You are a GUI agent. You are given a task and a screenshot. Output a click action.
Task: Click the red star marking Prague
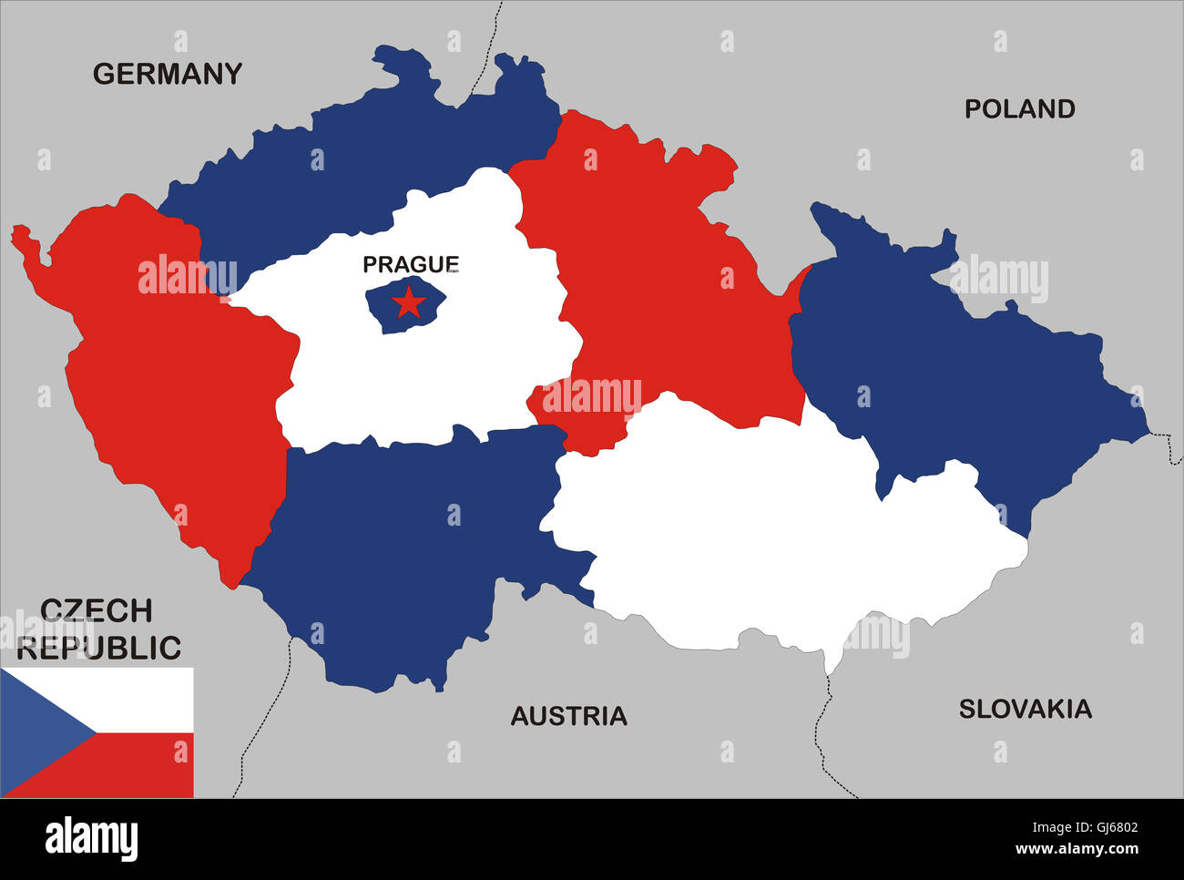click(x=409, y=302)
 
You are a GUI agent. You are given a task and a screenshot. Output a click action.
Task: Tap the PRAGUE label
click(x=411, y=264)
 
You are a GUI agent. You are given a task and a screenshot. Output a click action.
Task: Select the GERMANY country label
click(x=168, y=74)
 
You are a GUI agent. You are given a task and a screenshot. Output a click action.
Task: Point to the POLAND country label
click(x=1019, y=109)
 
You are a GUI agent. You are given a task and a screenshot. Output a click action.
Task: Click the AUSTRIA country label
click(x=568, y=716)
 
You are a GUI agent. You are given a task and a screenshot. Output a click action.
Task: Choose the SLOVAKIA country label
click(x=1025, y=709)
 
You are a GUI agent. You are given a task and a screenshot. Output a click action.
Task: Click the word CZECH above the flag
click(x=97, y=610)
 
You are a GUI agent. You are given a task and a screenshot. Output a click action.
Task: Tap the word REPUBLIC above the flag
click(x=100, y=648)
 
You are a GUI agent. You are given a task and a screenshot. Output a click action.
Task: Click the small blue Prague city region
click(x=383, y=314)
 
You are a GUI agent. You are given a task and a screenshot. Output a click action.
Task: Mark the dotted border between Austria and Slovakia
click(x=820, y=738)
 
